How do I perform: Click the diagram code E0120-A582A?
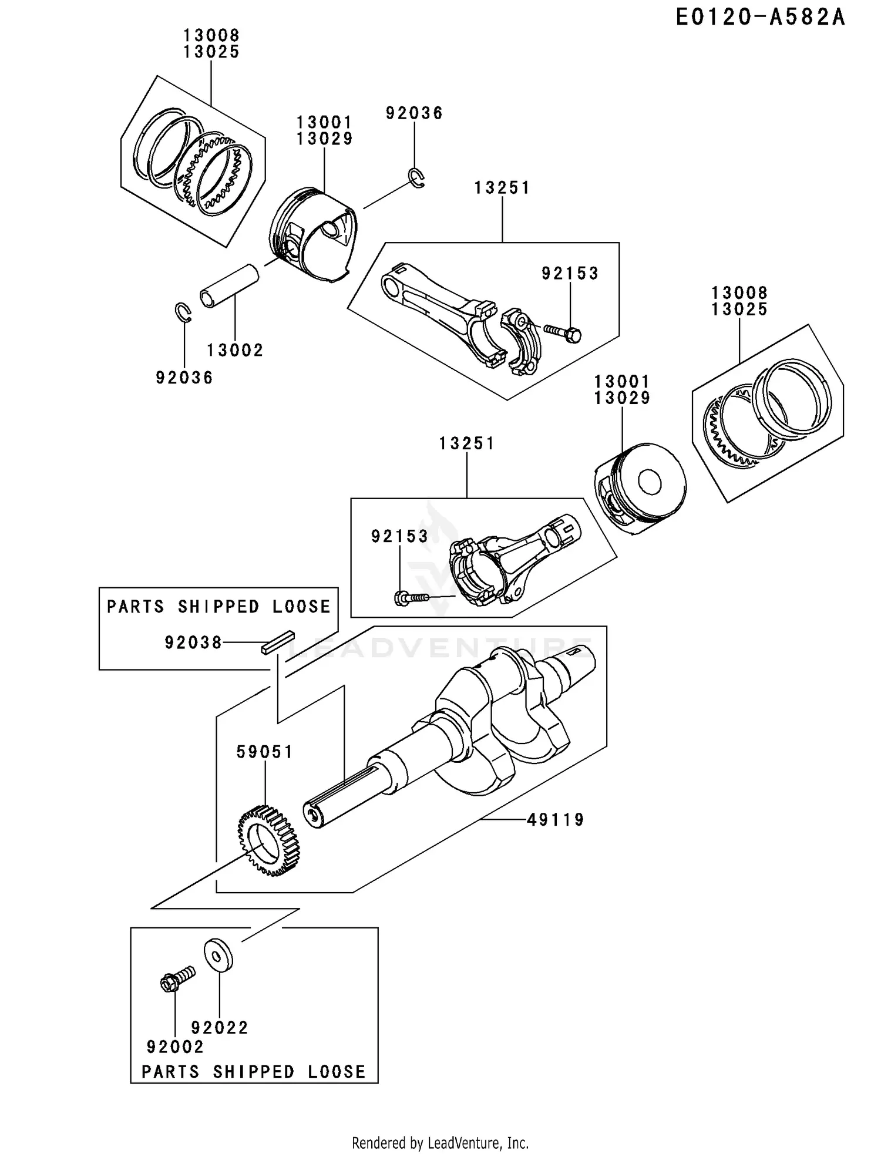[760, 18]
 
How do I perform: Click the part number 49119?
[556, 819]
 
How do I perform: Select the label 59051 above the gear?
[264, 752]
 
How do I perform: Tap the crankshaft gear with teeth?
[268, 841]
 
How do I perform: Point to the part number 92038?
[193, 643]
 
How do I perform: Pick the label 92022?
[220, 1028]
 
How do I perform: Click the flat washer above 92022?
[218, 956]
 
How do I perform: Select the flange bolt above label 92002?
[177, 979]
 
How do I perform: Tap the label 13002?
[235, 350]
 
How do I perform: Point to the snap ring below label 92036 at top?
[416, 179]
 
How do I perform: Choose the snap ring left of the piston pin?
[184, 312]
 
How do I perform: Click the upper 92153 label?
[570, 273]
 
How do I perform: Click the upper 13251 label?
[502, 188]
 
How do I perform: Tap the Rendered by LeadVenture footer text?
[441, 1143]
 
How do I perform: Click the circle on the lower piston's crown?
[650, 483]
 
